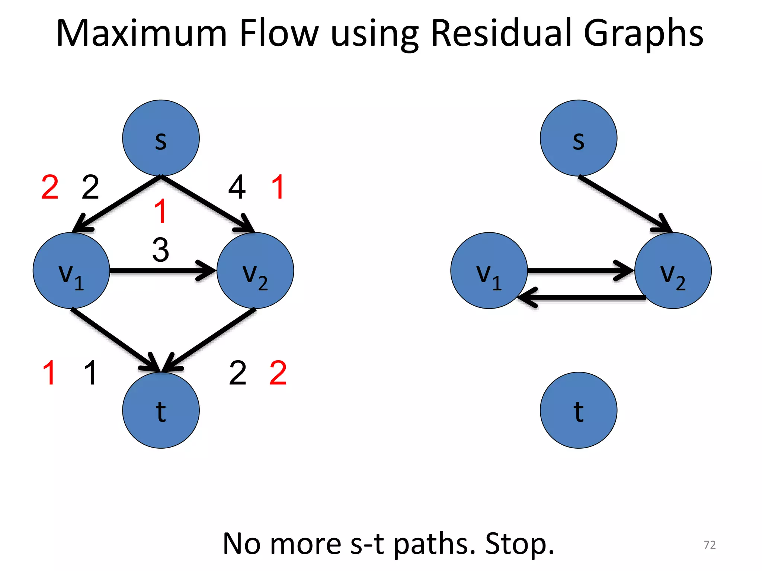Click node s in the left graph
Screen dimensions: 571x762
click(161, 138)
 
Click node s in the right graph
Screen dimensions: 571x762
click(578, 138)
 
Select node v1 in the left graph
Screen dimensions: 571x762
click(71, 271)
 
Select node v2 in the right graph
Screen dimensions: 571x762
click(673, 271)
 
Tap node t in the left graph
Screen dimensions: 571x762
click(161, 410)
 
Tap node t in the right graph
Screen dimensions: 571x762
click(578, 410)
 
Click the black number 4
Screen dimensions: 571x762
click(237, 187)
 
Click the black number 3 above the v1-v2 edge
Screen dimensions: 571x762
click(161, 250)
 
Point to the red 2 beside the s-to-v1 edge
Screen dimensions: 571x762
click(50, 187)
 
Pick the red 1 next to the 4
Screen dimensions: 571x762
click(278, 187)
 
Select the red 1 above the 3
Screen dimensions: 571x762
click(160, 211)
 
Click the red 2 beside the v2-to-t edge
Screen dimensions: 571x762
click(278, 373)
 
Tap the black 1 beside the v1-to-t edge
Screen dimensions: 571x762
click(90, 373)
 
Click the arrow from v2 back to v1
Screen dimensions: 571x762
click(580, 297)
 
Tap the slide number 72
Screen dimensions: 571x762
click(710, 545)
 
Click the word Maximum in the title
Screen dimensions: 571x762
click(141, 33)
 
